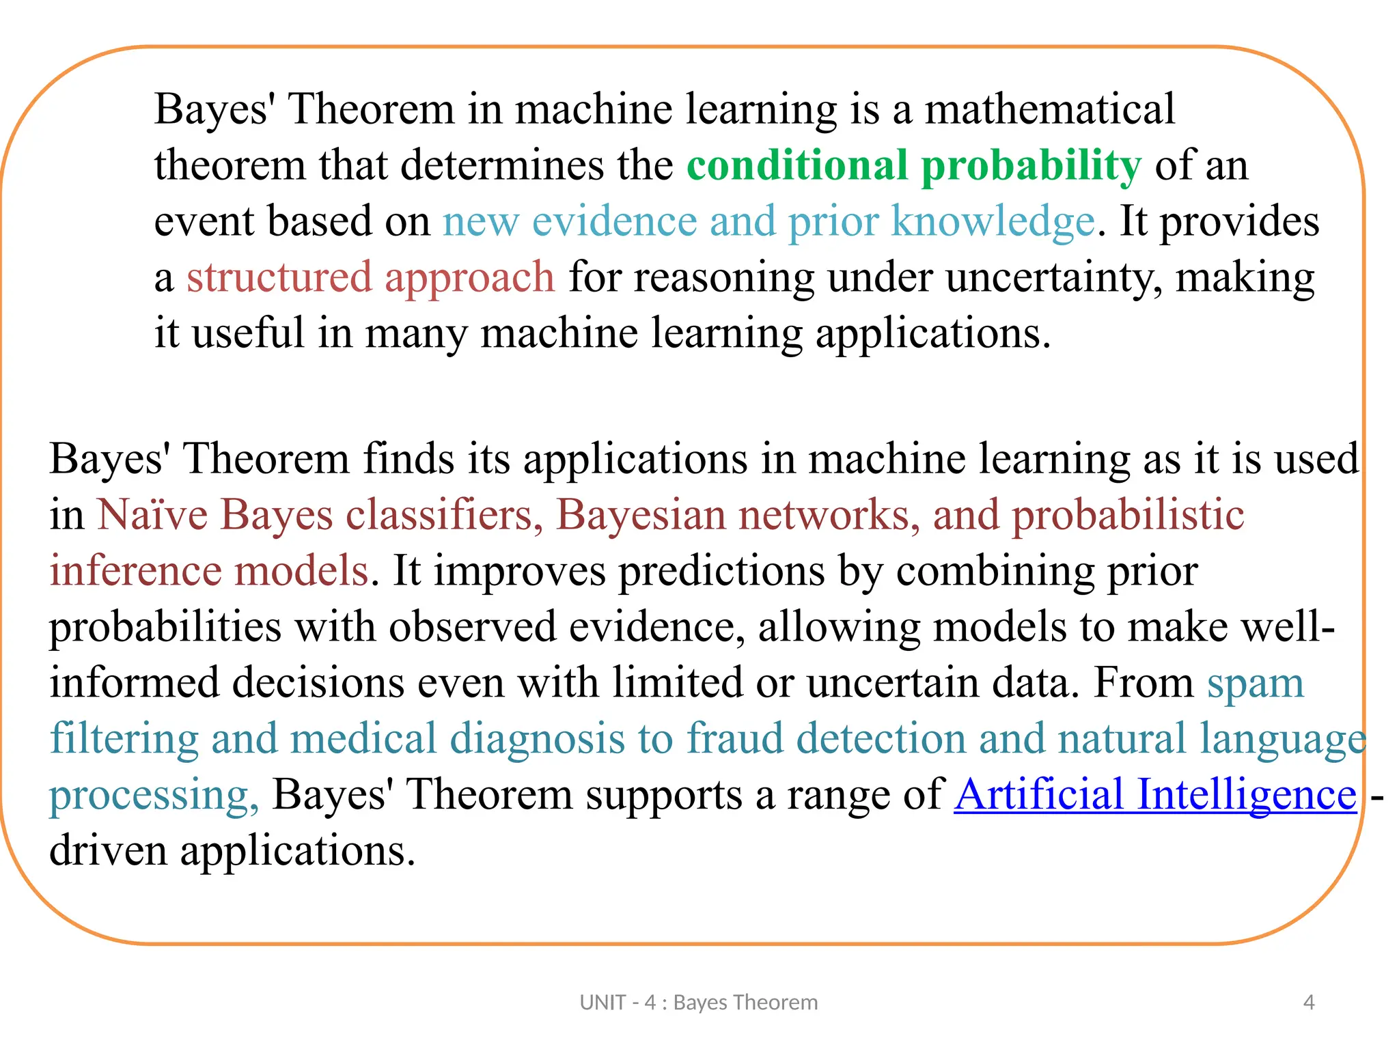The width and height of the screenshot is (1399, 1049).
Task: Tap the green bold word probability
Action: click(x=1031, y=167)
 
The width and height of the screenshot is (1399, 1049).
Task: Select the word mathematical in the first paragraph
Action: click(x=1049, y=109)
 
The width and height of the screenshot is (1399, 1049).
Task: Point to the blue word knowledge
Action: click(x=993, y=223)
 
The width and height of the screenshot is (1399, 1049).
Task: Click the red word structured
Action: click(x=278, y=277)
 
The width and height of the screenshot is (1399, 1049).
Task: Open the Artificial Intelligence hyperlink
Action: click(x=1155, y=795)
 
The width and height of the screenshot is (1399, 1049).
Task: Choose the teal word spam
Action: click(x=1256, y=683)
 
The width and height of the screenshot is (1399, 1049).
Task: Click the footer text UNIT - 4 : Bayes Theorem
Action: click(x=698, y=1003)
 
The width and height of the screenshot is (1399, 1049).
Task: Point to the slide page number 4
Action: click(x=1309, y=1003)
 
